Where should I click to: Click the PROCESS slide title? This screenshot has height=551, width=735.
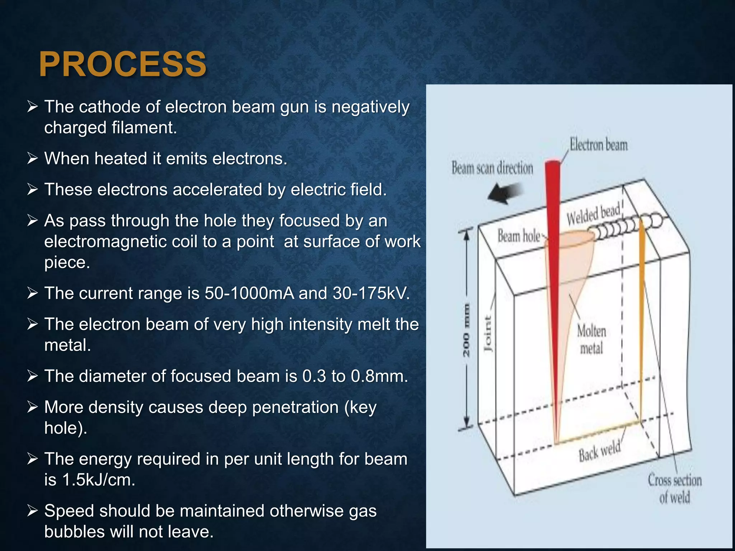click(122, 64)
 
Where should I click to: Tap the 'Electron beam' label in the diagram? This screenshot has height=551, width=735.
click(599, 145)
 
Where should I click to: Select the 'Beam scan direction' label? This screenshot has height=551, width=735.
click(492, 168)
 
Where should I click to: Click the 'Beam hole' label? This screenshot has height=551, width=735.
click(519, 236)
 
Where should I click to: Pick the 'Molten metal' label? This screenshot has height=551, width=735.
click(591, 339)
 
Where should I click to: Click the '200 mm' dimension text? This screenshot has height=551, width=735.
click(466, 330)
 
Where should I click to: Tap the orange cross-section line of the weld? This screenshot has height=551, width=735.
click(642, 323)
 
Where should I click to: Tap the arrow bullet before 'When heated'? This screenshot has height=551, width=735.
click(32, 158)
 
